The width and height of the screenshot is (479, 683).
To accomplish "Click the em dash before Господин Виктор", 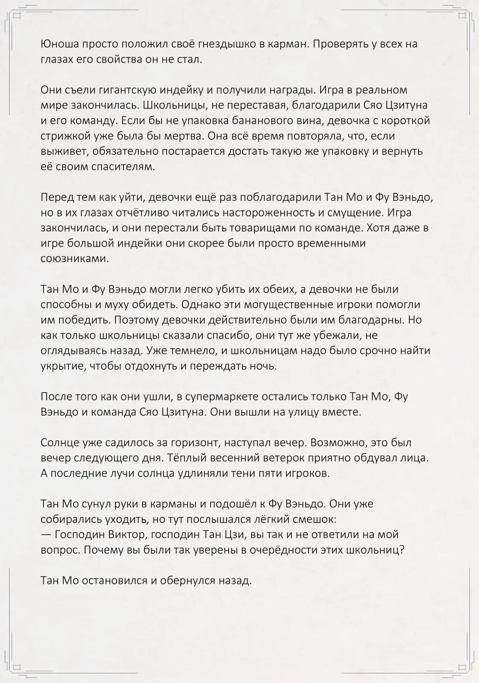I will tap(46, 534).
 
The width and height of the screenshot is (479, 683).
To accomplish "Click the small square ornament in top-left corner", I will tap(18, 17).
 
